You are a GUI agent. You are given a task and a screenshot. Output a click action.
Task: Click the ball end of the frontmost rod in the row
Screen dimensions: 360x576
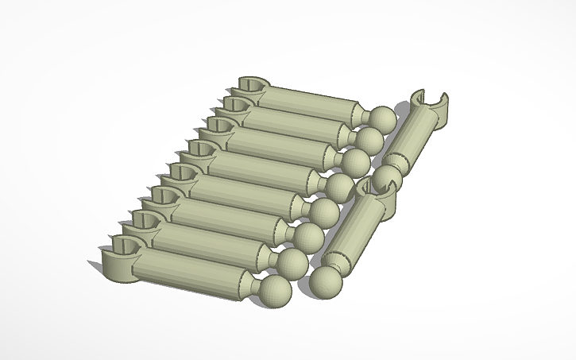(x=275, y=289)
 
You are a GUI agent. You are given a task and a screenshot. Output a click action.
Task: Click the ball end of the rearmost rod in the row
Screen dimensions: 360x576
(x=383, y=118)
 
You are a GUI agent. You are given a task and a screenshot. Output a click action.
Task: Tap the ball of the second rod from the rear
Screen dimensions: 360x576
(x=368, y=140)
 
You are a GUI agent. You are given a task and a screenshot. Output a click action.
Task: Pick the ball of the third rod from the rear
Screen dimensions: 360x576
(x=354, y=162)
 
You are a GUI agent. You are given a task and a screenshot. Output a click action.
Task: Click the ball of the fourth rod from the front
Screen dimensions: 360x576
(x=323, y=212)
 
